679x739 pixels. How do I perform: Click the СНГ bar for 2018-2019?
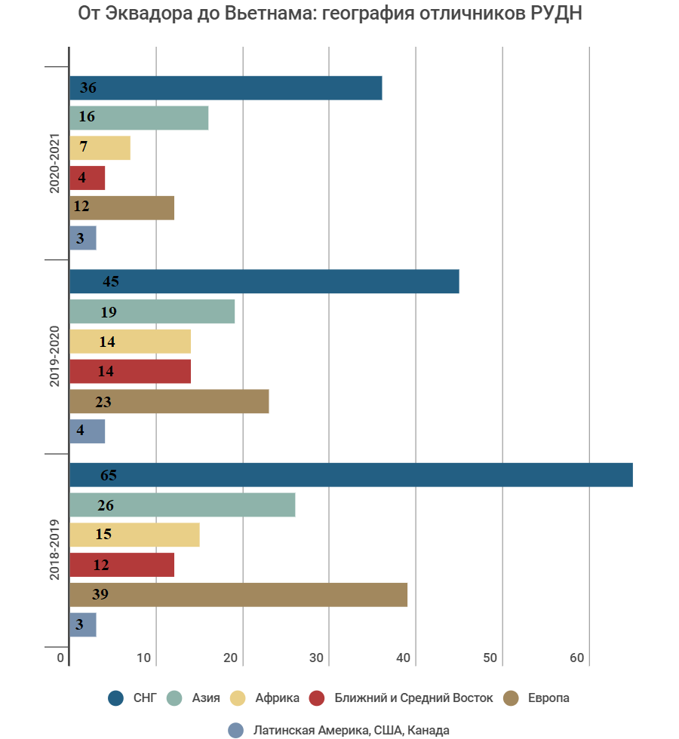[x=351, y=475]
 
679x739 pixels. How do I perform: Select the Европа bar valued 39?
[x=238, y=595]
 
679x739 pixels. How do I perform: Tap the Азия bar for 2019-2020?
[x=152, y=311]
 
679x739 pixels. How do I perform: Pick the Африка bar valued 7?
[x=100, y=148]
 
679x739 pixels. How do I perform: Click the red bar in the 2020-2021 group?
[x=87, y=178]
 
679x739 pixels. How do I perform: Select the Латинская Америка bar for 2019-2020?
[x=87, y=431]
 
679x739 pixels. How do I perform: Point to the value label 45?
[x=111, y=282]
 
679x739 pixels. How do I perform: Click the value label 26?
[x=105, y=505]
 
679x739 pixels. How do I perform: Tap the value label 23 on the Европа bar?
[x=103, y=402]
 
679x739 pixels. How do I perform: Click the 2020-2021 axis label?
[x=54, y=164]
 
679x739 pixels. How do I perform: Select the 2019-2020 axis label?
[x=54, y=357]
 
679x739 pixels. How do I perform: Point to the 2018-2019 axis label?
[x=54, y=550]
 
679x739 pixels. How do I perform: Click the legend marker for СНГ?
[x=115, y=698]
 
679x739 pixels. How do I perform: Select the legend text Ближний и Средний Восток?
[x=413, y=698]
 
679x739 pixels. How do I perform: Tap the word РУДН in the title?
[x=552, y=14]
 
